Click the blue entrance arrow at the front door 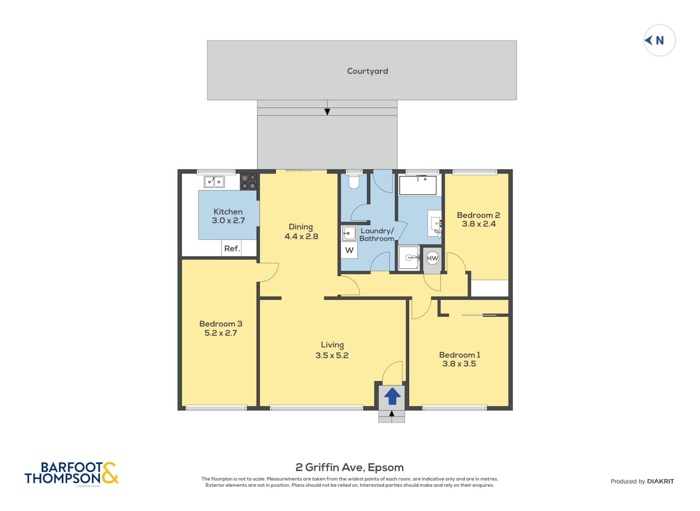392,396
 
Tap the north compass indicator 659,40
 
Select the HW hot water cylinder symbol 432,258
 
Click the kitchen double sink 214,182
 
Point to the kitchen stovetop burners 248,182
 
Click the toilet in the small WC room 354,180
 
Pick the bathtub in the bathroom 418,185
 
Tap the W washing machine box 349,250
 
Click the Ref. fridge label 232,249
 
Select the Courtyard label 367,71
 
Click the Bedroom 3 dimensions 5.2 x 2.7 221,333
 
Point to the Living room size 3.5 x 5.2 332,355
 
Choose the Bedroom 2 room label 479,215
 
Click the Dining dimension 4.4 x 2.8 301,236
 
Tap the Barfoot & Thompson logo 71,473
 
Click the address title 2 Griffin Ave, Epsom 350,467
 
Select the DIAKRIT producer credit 660,481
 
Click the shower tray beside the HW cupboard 409,258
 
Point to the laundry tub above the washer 349,234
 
